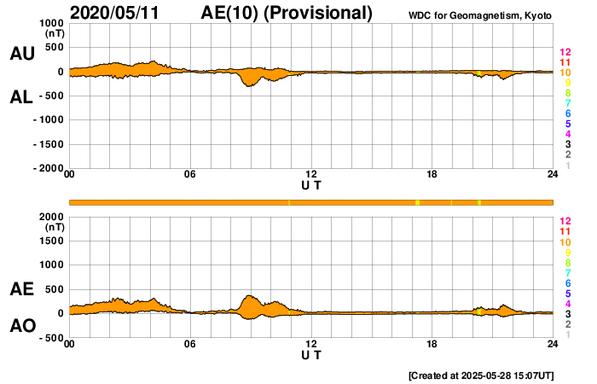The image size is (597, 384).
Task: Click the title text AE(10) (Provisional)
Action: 287,13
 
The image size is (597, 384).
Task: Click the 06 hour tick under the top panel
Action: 190,175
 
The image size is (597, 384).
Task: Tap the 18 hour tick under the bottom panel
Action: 432,344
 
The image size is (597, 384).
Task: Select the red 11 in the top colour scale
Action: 565,62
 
